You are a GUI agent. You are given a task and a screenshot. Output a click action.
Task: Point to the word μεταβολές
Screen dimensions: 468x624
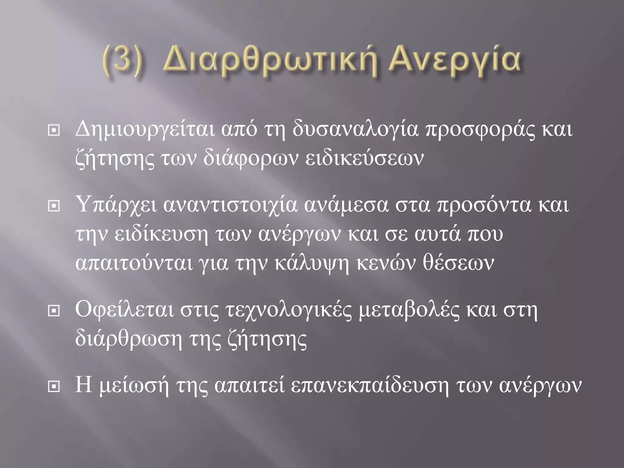(409, 310)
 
